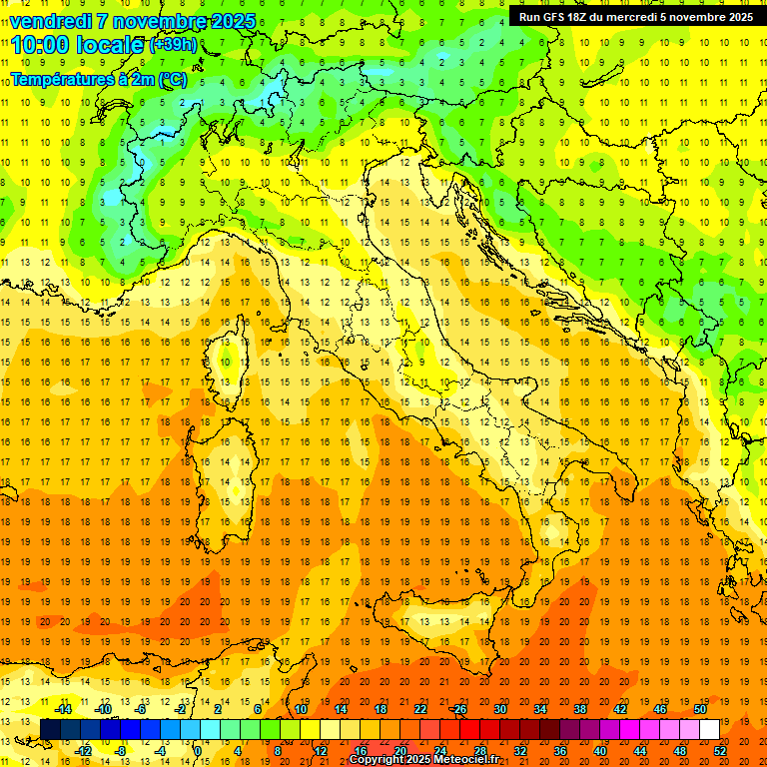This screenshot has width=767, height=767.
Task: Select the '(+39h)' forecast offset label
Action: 173,45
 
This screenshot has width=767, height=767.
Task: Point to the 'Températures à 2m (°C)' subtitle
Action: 99,79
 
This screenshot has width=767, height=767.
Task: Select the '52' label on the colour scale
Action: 721,750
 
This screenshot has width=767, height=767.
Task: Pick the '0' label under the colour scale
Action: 198,750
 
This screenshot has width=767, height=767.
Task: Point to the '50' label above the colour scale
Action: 700,709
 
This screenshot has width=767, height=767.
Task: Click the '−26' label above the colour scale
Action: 458,709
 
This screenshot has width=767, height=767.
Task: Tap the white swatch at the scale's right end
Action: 709,729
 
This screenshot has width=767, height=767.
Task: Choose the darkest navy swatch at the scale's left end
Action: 50,729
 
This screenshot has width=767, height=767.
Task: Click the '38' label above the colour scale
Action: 580,709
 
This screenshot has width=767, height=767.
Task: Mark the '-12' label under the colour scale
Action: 84,750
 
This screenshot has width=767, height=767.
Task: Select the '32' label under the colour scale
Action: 519,750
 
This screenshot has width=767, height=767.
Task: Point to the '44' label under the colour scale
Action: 640,750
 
